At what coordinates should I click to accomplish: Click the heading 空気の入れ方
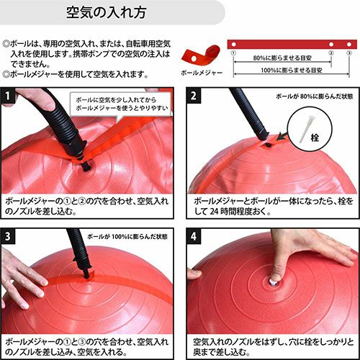coord(106,12)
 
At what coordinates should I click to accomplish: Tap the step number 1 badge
coord(8,96)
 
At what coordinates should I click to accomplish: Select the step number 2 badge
coord(194,96)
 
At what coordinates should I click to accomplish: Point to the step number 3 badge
coord(8,236)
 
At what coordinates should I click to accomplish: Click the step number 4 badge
coord(194,236)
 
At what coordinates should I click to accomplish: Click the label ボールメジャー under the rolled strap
coord(202,73)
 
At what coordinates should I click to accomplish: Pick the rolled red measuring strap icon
coord(201,55)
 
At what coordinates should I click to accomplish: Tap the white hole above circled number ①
coord(233,44)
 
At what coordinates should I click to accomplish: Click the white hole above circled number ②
coord(331,44)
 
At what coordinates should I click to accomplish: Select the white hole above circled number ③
coord(349,44)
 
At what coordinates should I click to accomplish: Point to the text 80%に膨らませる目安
coord(282,58)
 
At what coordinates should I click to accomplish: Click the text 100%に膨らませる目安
coord(292,70)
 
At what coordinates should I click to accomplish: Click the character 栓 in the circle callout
coord(315,138)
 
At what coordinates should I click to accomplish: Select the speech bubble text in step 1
coord(122,104)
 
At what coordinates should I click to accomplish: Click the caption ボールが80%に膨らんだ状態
coord(315,96)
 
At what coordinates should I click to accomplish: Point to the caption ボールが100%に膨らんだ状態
coord(127,237)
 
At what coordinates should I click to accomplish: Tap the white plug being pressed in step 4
coord(272,282)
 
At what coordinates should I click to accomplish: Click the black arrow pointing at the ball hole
coord(282,136)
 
